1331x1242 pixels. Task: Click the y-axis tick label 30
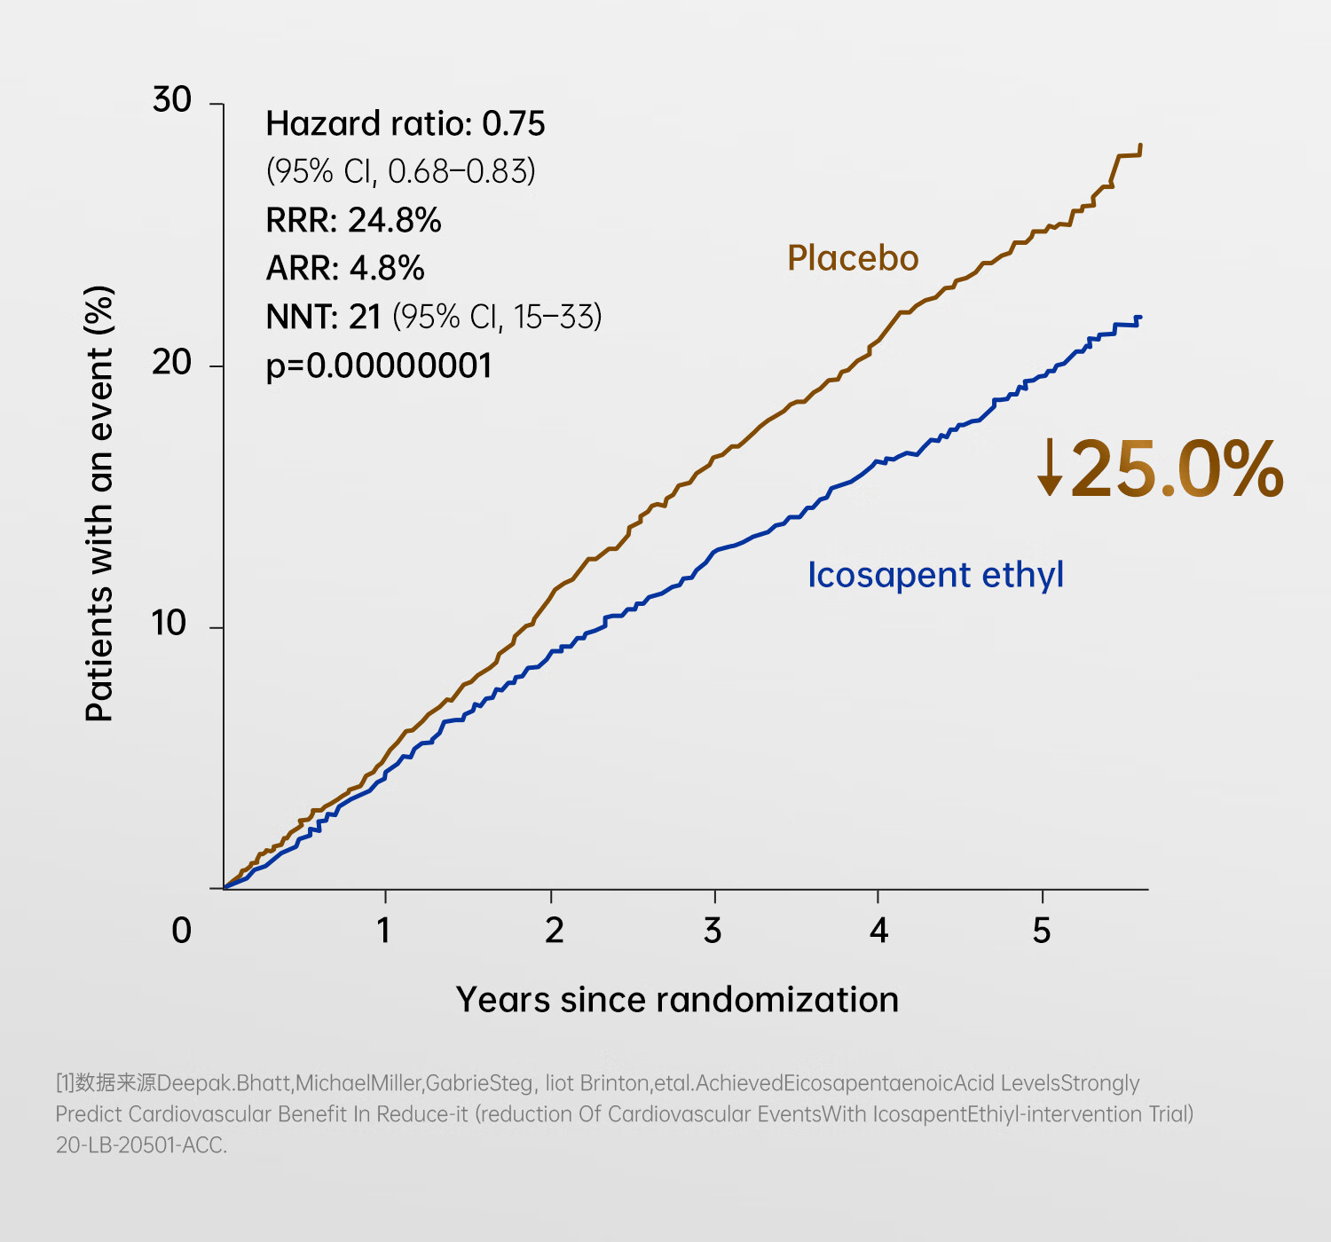(172, 100)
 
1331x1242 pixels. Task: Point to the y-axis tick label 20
(172, 362)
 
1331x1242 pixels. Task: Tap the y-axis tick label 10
(169, 624)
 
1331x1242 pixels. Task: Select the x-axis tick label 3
(713, 931)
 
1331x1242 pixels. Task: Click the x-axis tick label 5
(1042, 931)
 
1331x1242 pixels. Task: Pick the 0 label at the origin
(181, 931)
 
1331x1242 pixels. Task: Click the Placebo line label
(853, 258)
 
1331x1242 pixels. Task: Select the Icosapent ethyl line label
(935, 575)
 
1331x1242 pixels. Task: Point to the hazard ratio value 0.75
(513, 124)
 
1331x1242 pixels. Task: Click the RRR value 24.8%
(395, 220)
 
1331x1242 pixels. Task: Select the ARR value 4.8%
(387, 268)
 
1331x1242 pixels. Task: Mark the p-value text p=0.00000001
(379, 366)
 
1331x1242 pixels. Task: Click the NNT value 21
(365, 317)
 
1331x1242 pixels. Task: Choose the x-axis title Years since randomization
(677, 1000)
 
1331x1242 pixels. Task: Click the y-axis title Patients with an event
(100, 503)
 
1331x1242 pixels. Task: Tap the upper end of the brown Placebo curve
(1140, 146)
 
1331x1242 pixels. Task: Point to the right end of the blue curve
(1139, 318)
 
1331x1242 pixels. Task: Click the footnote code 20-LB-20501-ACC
(141, 1145)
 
